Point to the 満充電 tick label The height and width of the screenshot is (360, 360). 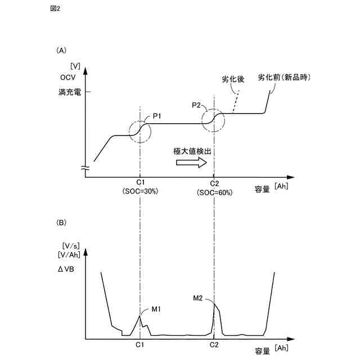pos(70,92)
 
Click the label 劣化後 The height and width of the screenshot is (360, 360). pos(233,79)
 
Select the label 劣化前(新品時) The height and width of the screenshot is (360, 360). pos(285,77)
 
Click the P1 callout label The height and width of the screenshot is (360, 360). pos(157,116)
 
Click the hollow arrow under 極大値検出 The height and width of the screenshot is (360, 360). pos(191,163)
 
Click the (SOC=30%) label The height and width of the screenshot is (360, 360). pos(140,191)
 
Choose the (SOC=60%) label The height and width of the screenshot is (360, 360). pos(214,192)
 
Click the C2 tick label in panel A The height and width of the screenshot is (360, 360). pos(214,183)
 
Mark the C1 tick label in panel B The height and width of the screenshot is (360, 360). pos(140,344)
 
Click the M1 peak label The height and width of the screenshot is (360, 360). pos(156,308)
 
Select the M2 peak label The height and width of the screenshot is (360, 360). pos(197,298)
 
